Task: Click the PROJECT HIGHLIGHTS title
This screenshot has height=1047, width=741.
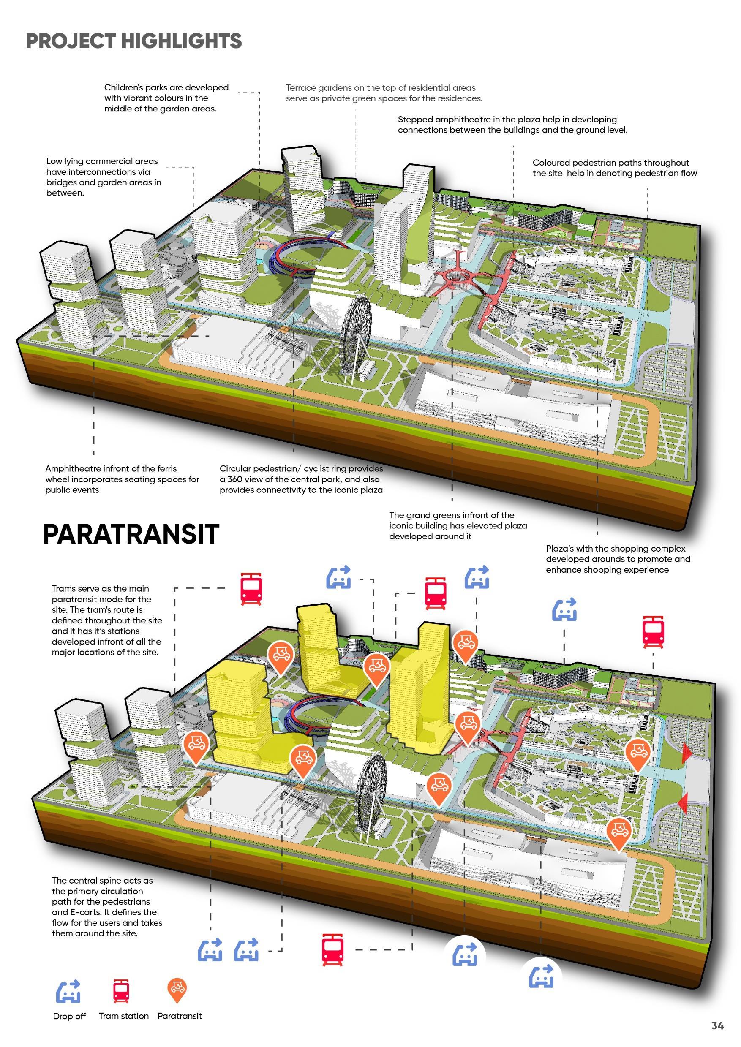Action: (133, 41)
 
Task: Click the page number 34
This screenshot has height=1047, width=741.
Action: (717, 1025)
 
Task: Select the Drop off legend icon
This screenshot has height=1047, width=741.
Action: (68, 991)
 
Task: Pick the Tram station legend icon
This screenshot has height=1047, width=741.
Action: (121, 991)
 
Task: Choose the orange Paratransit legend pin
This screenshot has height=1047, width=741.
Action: (177, 990)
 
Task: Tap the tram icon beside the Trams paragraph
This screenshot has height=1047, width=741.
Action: (251, 589)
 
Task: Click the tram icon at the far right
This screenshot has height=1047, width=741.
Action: (653, 631)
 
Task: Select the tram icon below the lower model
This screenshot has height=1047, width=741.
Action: (333, 949)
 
